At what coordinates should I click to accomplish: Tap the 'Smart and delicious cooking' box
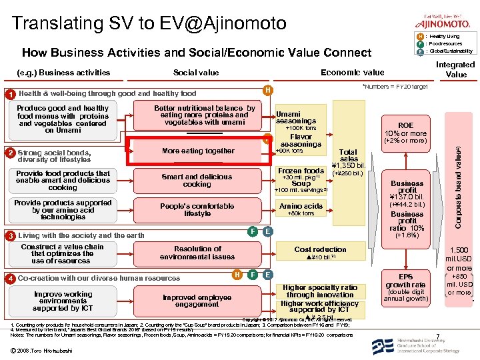[x=197, y=181]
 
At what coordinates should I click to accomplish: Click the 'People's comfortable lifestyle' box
[x=197, y=210]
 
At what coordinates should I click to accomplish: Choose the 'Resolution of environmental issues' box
[x=197, y=253]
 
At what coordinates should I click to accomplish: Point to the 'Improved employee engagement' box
[x=197, y=301]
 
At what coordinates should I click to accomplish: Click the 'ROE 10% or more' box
[x=405, y=133]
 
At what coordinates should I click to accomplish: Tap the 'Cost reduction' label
[x=320, y=249]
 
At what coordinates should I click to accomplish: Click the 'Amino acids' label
[x=301, y=207]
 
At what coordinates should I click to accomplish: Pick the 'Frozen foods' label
[x=301, y=171]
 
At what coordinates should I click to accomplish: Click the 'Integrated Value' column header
[x=455, y=69]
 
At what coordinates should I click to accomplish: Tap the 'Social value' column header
[x=196, y=73]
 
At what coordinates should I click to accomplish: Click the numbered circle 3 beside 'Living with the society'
[x=10, y=236]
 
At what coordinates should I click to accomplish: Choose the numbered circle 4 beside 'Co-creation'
[x=10, y=278]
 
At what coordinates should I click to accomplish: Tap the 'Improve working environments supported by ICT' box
[x=63, y=301]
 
